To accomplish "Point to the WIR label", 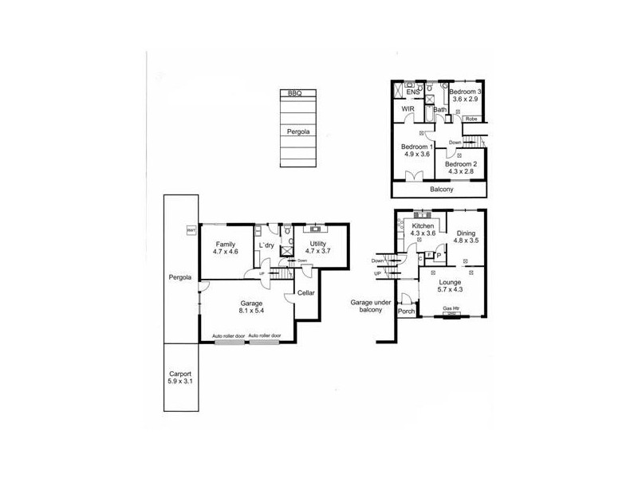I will (x=410, y=109).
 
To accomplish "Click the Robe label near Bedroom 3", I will (x=471, y=119).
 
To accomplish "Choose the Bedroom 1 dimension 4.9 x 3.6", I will (x=416, y=155).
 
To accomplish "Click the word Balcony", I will (x=441, y=190).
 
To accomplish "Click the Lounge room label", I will (x=451, y=281).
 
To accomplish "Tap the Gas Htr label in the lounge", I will (x=451, y=308).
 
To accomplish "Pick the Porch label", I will (x=407, y=312).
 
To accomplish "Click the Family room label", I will (x=226, y=243).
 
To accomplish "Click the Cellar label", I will (x=306, y=293).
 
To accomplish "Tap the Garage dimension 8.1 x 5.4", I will (x=252, y=312).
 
